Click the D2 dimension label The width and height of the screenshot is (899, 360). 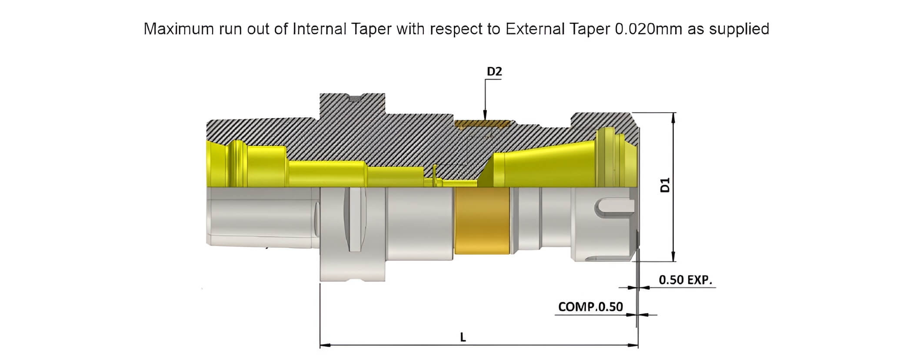[494, 71]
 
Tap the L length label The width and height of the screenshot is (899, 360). [463, 337]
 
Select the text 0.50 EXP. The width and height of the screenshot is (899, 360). [686, 280]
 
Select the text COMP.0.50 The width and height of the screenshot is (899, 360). [590, 307]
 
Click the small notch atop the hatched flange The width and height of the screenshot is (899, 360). [356, 98]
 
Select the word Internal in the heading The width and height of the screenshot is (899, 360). [320, 29]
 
